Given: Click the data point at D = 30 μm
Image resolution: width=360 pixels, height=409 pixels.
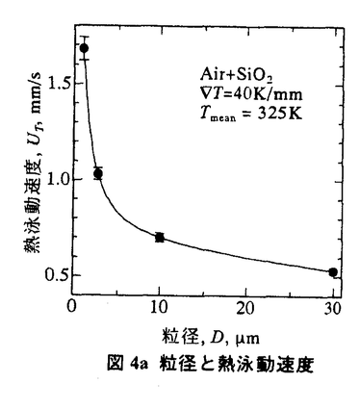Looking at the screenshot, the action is point(333,272).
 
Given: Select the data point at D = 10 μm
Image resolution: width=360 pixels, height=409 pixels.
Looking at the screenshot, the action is point(160,238).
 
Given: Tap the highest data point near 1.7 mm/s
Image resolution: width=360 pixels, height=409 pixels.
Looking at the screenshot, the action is point(85,48).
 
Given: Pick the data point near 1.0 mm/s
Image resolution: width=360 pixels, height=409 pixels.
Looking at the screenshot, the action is point(98,173).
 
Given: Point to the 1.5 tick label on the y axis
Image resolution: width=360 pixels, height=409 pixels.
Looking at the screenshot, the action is point(57,84).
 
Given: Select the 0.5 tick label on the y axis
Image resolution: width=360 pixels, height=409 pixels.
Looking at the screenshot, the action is point(57,276).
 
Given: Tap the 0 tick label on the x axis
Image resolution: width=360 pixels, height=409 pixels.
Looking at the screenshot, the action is point(72,307).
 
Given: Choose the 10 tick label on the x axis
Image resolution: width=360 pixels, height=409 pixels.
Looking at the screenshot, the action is point(159,307).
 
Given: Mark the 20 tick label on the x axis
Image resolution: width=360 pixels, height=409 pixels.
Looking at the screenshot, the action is point(246,307).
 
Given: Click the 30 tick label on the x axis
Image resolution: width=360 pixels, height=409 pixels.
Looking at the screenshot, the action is point(332,307).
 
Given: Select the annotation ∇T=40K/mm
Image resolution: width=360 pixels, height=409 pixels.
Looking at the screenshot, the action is point(250,95).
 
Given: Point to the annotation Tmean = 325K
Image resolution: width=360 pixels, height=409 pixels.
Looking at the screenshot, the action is point(250,115).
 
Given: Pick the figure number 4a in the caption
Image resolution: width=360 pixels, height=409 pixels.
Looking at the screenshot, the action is point(139,365).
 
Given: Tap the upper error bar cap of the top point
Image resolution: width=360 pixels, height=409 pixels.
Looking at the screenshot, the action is point(85,37).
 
